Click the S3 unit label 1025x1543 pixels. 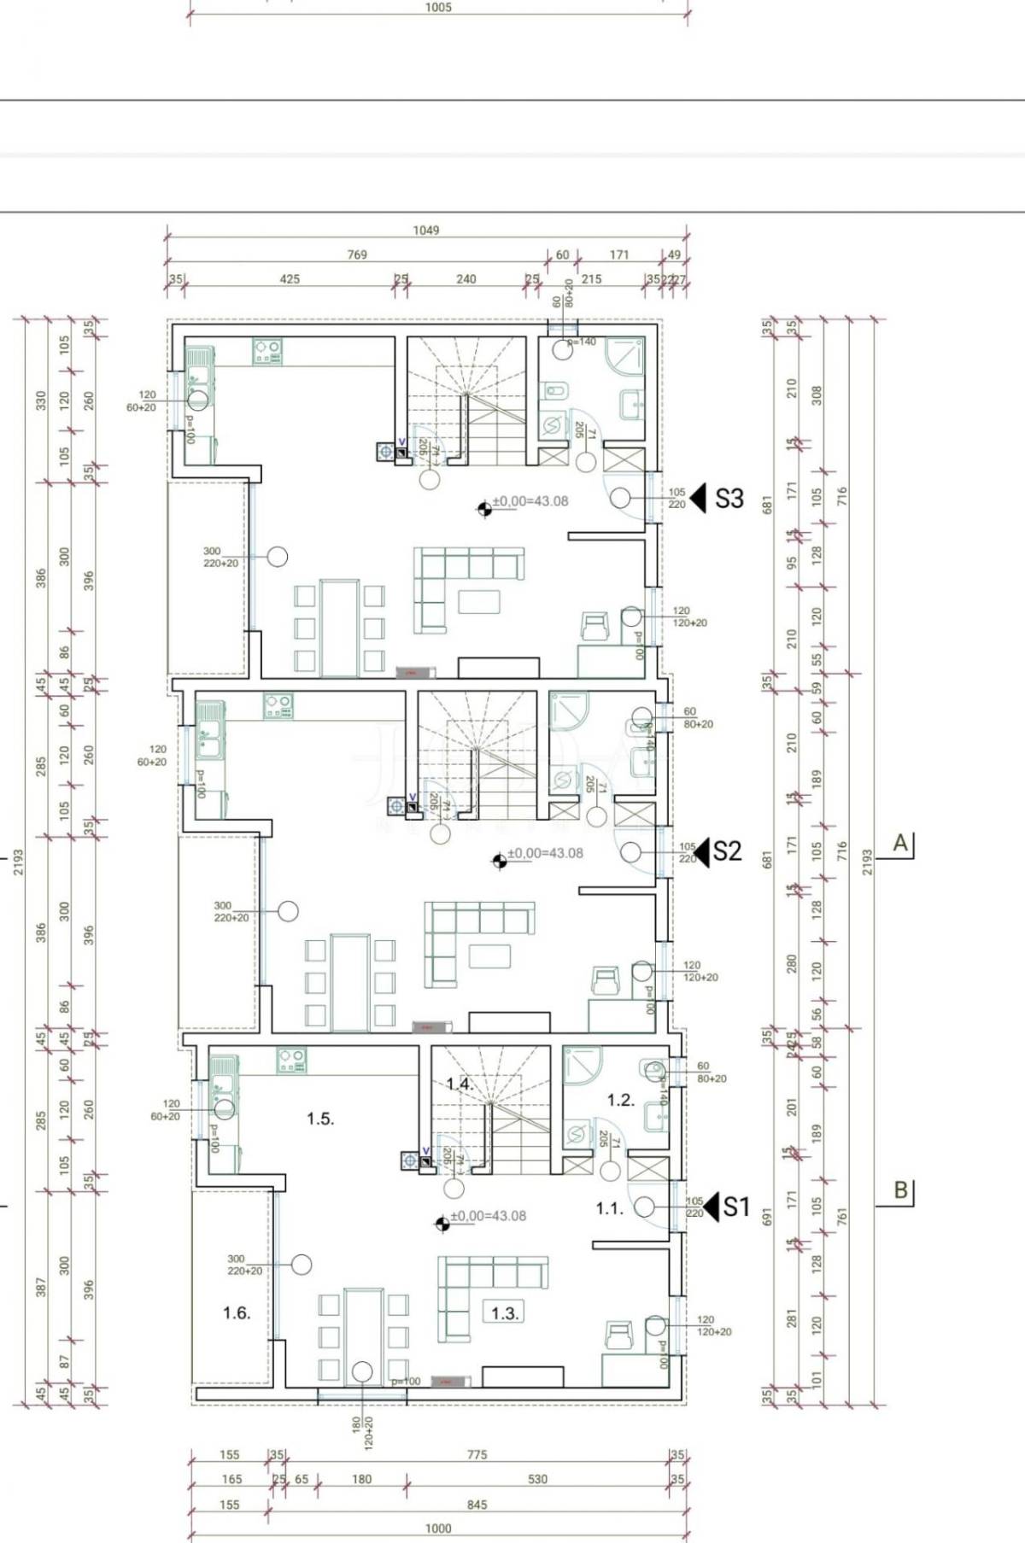pos(729,499)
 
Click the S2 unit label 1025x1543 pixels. pos(727,851)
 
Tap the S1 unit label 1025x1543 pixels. pos(736,1207)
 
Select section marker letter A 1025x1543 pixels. pos(900,843)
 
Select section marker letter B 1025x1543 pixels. pos(900,1189)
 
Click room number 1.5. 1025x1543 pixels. pos(320,1119)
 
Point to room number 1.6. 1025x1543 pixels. pos(237,1313)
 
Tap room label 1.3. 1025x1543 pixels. pos(505,1313)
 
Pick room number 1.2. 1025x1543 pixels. pos(621,1100)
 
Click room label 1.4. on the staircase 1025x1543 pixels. pos(460,1084)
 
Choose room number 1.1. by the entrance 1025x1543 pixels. pos(609,1208)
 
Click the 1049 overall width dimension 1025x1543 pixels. pos(425,230)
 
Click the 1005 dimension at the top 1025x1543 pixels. pos(438,8)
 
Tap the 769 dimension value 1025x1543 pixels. pos(356,254)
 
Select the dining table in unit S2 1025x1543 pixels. pos(350,982)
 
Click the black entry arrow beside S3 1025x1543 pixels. pos(699,498)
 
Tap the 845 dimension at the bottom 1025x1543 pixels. pos(477,1505)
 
